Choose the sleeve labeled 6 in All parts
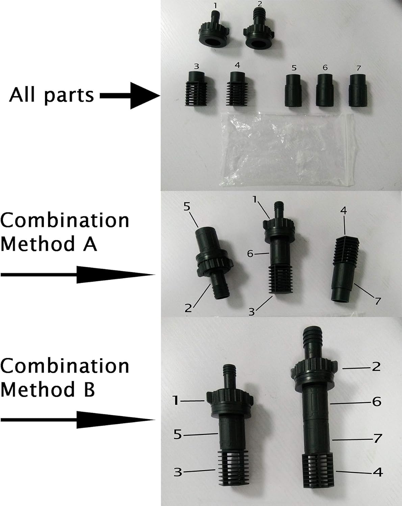click(325, 90)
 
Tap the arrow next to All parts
click(130, 96)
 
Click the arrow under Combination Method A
click(78, 275)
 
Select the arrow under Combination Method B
click(78, 420)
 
